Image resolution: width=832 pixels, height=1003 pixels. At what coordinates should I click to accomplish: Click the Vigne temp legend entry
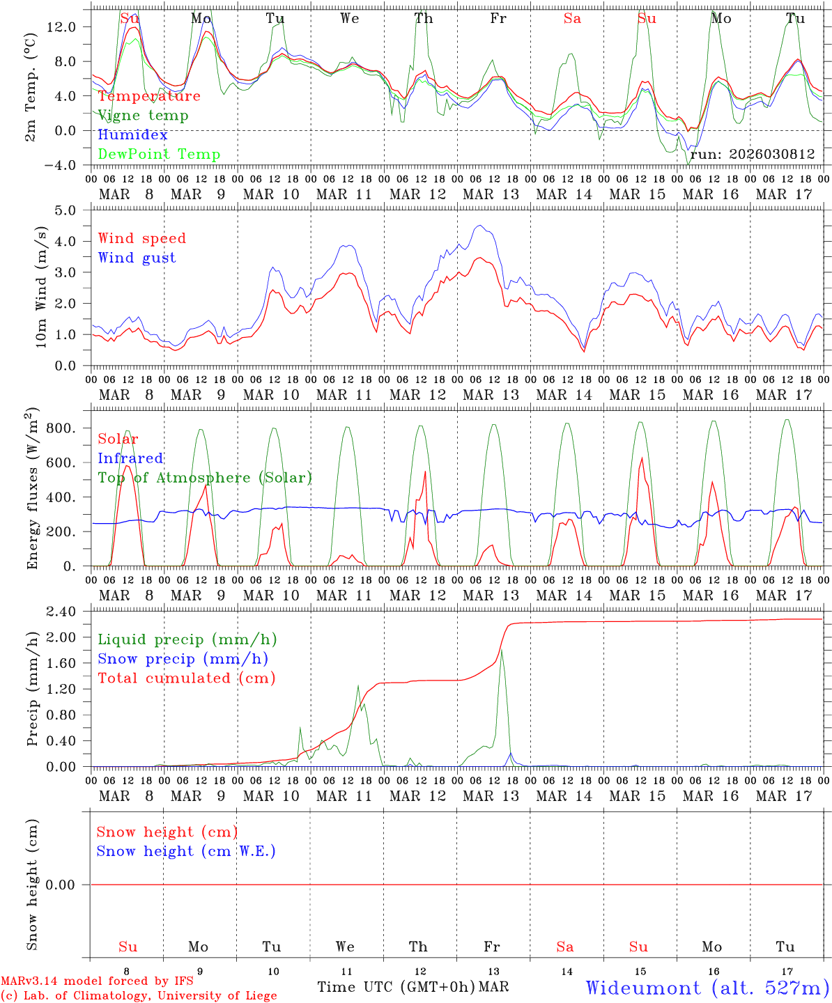coord(143,116)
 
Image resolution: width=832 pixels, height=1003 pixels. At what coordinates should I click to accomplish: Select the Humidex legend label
coord(132,135)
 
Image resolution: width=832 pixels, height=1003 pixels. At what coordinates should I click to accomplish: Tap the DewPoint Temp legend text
coord(159,155)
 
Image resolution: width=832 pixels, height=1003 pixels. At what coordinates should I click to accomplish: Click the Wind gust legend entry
coord(137,258)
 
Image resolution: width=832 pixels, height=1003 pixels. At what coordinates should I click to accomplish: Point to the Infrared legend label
coord(130,458)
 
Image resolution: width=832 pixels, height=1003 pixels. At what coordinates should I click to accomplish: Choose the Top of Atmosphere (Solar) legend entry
coord(204,478)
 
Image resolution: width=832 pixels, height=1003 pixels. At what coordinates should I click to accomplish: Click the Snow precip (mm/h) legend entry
coord(183,659)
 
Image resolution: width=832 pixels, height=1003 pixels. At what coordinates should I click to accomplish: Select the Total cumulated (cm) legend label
coord(186,678)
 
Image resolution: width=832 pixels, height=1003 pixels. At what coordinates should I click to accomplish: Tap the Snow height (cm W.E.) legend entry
coord(185,851)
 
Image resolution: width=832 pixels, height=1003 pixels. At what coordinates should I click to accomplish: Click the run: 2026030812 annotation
coord(752,155)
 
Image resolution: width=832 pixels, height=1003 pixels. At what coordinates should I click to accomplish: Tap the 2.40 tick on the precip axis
coord(69,612)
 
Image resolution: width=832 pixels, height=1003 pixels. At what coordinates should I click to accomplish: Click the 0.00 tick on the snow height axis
coord(69,885)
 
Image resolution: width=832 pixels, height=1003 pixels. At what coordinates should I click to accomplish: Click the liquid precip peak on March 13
coord(501,650)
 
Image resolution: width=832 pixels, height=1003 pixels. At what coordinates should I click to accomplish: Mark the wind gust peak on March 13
coord(480,226)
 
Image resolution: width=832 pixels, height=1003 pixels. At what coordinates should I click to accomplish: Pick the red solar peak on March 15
coord(641,458)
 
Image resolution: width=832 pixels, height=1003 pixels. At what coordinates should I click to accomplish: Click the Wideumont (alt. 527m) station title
coord(707,988)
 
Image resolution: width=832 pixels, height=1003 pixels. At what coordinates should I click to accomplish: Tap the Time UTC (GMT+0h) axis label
coord(396,987)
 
